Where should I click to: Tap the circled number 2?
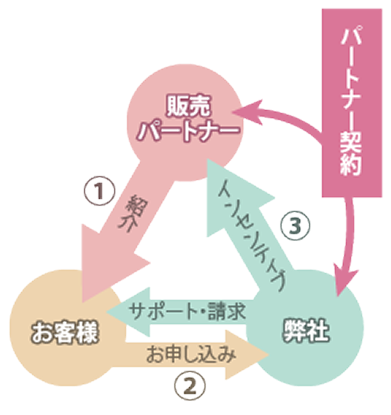coord(190,383)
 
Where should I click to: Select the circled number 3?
coord(295,224)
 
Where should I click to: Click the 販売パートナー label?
coord(188,119)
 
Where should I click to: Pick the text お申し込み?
coord(191,352)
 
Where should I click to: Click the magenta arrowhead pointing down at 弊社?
coord(344,277)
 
